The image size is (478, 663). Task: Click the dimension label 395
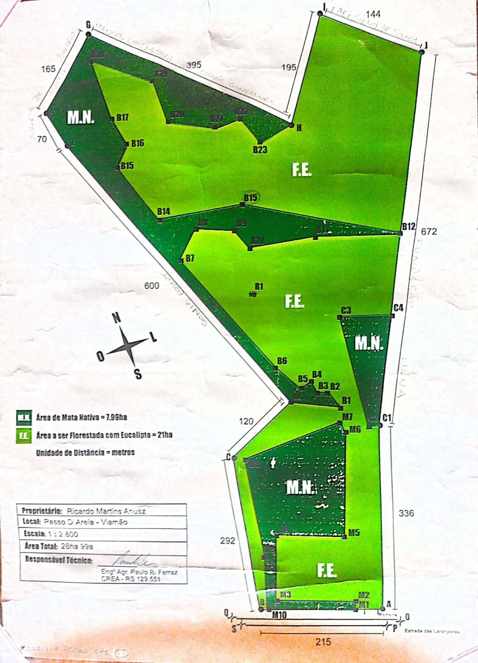tap(194, 65)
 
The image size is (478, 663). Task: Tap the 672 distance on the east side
tap(429, 232)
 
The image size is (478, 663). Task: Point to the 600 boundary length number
tap(151, 286)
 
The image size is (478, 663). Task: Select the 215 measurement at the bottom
tap(323, 641)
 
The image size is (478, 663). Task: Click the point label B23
tap(260, 150)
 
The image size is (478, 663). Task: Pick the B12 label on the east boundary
tap(408, 227)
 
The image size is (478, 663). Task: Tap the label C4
tap(398, 308)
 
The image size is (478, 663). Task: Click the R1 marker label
tap(259, 286)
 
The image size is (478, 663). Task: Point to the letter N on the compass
tap(117, 318)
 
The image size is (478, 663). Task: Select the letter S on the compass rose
tap(138, 374)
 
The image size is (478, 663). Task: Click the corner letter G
tap(88, 25)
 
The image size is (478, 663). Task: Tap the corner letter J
tap(426, 45)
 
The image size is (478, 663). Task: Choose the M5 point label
tap(354, 533)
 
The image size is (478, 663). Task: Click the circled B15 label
tap(250, 198)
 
